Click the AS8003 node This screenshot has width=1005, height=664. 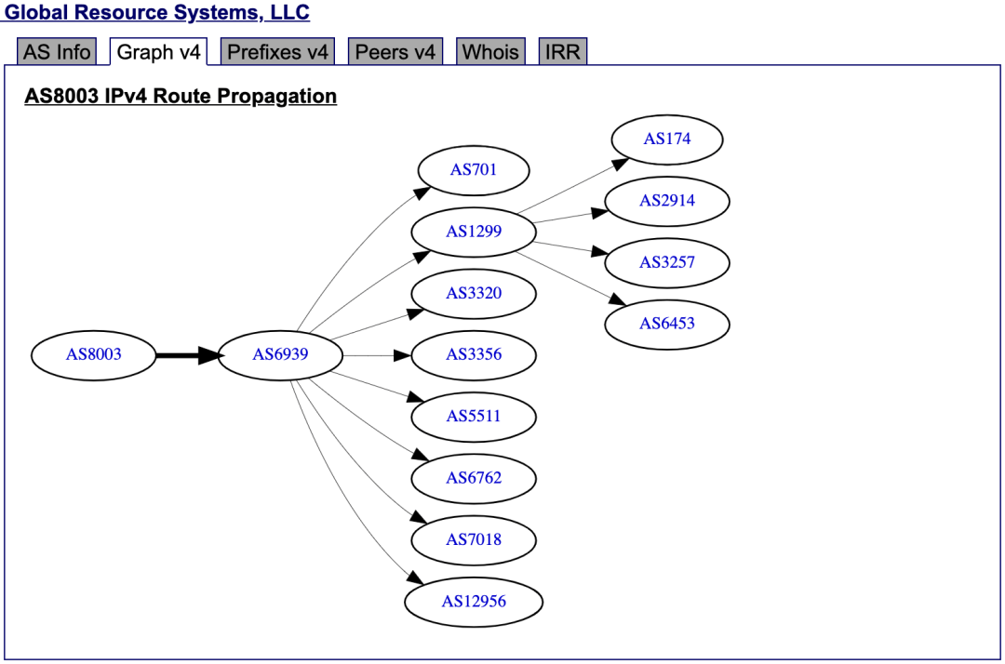click(94, 354)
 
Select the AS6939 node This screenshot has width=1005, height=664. click(280, 354)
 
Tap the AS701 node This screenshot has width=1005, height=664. click(474, 170)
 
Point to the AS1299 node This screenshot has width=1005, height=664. click(474, 232)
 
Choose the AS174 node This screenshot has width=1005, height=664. click(667, 139)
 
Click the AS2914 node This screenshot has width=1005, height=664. click(667, 201)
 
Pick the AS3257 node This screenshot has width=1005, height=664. click(667, 262)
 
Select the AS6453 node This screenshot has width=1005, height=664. click(667, 324)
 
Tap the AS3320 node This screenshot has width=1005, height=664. click(474, 293)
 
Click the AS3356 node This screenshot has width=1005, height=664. click(474, 354)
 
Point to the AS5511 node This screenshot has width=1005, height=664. click(474, 416)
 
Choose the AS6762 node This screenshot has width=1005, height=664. click(474, 478)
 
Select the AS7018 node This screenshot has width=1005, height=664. click(474, 539)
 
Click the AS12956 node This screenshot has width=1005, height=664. click(474, 601)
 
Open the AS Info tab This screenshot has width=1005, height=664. click(57, 52)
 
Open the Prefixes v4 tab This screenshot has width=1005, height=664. click(278, 52)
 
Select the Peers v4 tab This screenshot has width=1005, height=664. click(395, 52)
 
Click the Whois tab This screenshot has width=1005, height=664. click(490, 52)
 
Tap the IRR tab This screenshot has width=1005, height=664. click(563, 52)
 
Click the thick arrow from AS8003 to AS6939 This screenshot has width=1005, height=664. click(186, 354)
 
